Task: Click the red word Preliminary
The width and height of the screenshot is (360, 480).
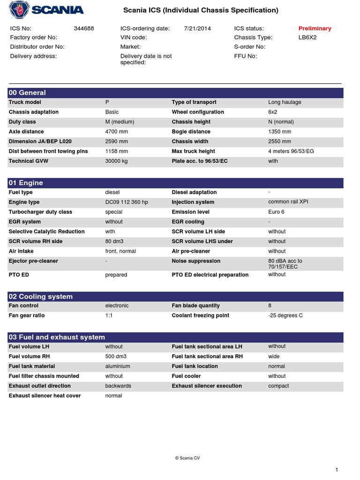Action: (315, 29)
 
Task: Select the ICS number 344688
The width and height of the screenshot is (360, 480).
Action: (84, 29)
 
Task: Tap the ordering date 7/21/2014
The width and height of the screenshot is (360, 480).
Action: (198, 29)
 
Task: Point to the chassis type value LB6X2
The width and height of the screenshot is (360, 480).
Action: (307, 37)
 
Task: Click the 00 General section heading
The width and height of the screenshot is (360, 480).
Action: (28, 93)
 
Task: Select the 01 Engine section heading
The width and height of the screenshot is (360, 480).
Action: (26, 183)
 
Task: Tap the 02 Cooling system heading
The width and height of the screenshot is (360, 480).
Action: (41, 296)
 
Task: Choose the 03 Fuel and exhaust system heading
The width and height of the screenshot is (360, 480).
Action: (57, 337)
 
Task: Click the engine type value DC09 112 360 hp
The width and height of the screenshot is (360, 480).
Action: (127, 202)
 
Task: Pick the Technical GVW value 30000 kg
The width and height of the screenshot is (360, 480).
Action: (116, 161)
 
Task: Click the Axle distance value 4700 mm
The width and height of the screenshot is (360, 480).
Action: (117, 132)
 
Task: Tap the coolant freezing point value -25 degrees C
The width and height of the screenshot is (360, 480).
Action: (285, 315)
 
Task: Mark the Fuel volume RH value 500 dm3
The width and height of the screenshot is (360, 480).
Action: (116, 356)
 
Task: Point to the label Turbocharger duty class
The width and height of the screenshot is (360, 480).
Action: (40, 212)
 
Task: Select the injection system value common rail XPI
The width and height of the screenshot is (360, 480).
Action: (288, 202)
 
